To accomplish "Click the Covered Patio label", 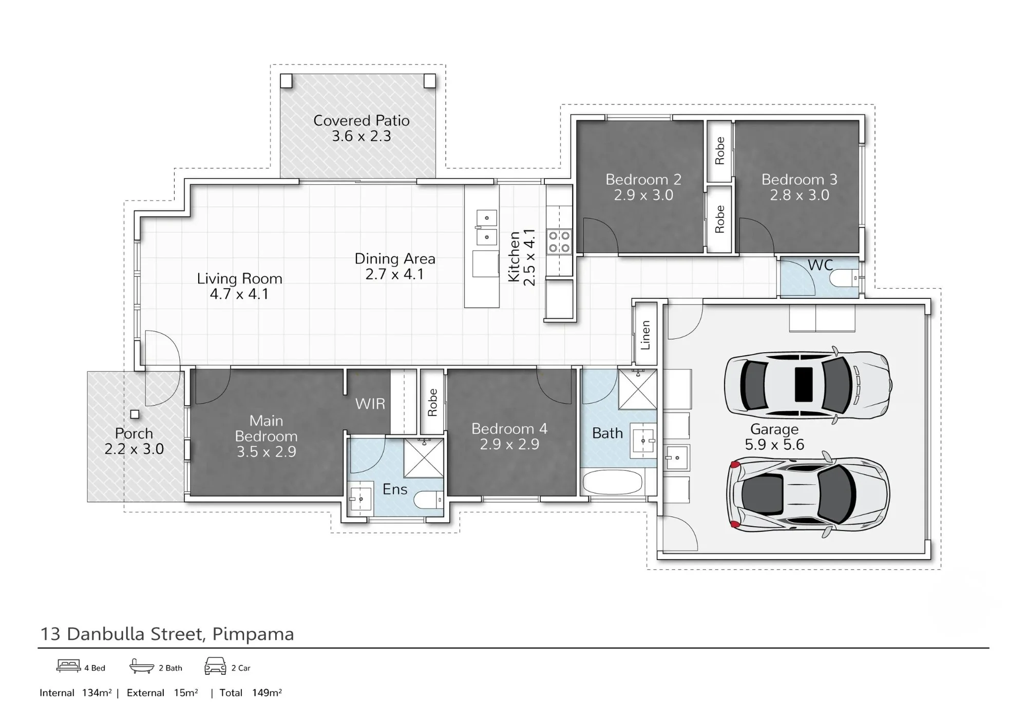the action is (x=362, y=121).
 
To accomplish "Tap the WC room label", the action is (x=820, y=265).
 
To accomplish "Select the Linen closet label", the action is (x=645, y=335).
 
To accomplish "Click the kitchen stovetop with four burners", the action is (x=559, y=242).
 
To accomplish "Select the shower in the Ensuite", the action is (x=424, y=458).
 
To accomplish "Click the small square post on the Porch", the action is (x=135, y=414).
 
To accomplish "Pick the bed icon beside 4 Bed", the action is (x=69, y=665).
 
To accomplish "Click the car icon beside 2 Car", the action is (x=215, y=666).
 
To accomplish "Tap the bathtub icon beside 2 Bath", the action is (x=142, y=666).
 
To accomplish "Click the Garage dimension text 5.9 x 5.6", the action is (x=774, y=445).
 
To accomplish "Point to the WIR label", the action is (x=370, y=404).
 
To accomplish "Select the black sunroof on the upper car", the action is (x=804, y=385).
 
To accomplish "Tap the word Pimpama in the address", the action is (x=253, y=635).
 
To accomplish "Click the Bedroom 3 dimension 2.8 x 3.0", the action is (x=800, y=195).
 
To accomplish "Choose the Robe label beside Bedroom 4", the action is (x=432, y=403).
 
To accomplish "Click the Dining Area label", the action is (x=395, y=259).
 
